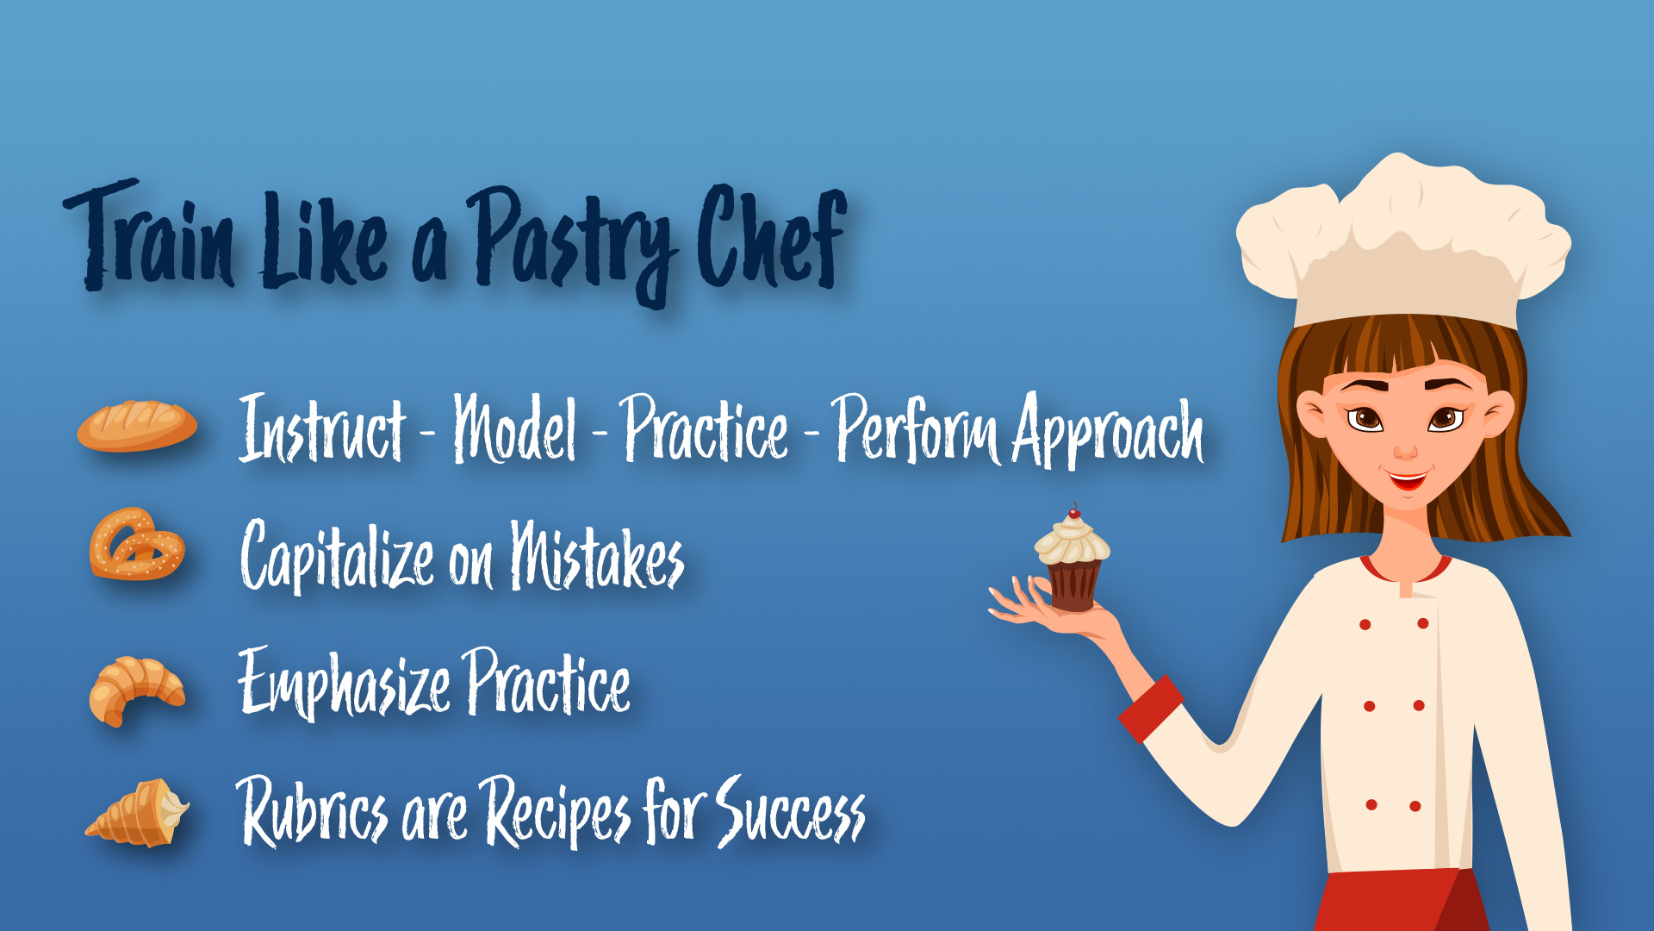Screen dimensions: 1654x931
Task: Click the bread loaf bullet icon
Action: (137, 426)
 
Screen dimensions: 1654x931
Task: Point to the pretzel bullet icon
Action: (137, 544)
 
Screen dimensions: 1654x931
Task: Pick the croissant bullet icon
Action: (137, 690)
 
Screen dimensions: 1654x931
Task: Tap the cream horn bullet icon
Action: (138, 813)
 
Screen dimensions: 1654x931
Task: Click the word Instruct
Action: (322, 428)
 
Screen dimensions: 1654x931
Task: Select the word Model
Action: (515, 428)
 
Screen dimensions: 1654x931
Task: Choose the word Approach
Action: (1108, 431)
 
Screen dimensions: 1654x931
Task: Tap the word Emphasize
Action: (344, 683)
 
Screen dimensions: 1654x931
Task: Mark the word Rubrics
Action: (312, 810)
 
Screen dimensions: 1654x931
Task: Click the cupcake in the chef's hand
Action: (1073, 561)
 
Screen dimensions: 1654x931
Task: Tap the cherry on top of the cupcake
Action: (1074, 512)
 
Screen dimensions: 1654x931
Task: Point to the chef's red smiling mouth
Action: (1406, 478)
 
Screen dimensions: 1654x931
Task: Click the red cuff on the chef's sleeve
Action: (1151, 709)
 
